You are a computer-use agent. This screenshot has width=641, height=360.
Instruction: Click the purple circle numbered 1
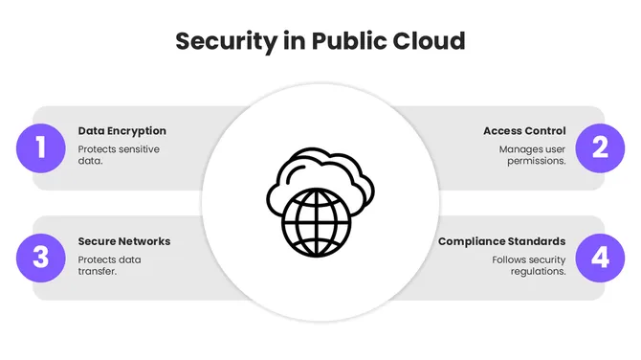click(x=40, y=148)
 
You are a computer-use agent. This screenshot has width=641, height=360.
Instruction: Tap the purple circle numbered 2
click(x=601, y=148)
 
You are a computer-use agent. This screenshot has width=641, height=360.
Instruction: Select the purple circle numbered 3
click(x=40, y=259)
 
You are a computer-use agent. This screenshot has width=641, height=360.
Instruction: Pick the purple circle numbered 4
click(x=601, y=259)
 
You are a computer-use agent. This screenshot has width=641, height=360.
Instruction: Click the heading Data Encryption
click(x=122, y=131)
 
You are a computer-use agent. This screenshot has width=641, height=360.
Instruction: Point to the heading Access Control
click(x=524, y=131)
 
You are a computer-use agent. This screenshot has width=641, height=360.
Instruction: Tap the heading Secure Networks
click(x=124, y=241)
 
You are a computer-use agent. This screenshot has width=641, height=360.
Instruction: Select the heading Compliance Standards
click(x=501, y=241)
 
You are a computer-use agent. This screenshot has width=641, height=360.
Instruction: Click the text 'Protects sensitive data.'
click(x=119, y=155)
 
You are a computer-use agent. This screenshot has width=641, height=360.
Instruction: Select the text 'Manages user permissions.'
click(x=533, y=155)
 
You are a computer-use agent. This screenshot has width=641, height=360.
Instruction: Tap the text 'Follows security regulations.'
click(x=529, y=265)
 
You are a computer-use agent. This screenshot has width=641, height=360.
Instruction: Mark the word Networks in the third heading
click(x=145, y=241)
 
